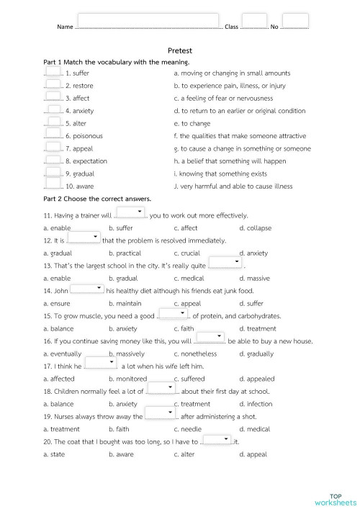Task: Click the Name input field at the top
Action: (148, 21)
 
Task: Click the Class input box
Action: (253, 22)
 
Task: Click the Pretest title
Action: (180, 51)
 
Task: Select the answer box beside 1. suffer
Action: (53, 71)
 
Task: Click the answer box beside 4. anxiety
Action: (53, 109)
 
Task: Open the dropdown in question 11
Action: (130, 212)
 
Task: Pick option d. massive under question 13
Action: (254, 278)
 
